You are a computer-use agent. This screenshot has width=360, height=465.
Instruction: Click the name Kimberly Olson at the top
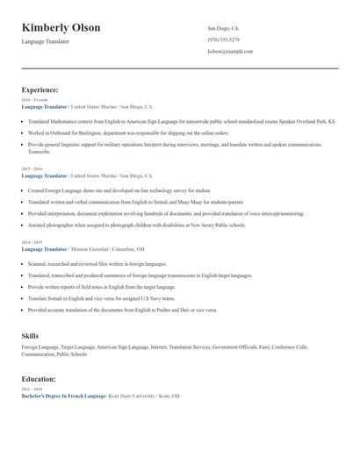[61, 27]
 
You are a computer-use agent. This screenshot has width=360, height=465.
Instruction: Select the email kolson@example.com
[230, 52]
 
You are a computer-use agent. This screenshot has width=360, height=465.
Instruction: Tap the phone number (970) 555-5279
[223, 40]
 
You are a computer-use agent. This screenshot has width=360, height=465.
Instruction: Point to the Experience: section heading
[40, 89]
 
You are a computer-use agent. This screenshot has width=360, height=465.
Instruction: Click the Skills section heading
[30, 336]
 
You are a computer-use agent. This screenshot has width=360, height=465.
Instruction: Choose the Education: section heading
[40, 379]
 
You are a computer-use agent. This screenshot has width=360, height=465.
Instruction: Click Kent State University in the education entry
[136, 396]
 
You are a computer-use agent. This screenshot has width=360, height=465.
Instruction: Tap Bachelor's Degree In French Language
[63, 396]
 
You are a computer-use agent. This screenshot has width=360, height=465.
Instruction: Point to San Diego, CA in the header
[223, 28]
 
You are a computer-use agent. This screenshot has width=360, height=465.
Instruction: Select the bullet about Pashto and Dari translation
[123, 310]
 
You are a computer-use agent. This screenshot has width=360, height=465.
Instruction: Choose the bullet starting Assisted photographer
[135, 224]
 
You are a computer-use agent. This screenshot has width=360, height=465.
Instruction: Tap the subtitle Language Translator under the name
[46, 42]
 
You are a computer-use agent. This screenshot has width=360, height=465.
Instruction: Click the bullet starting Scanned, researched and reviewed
[97, 263]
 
